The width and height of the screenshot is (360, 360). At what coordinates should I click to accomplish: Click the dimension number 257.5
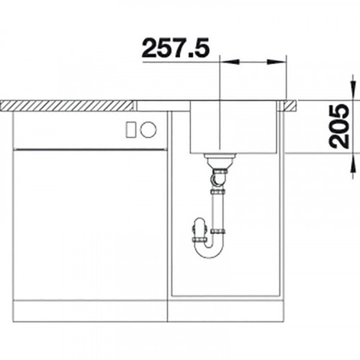tap(176, 48)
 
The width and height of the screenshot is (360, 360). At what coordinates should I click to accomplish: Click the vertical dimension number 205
tap(338, 126)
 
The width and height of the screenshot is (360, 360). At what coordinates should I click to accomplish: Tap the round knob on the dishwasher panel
tap(148, 130)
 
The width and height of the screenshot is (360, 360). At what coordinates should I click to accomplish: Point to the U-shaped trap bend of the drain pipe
tap(209, 251)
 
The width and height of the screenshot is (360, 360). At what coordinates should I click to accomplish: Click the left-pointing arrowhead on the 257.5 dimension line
tap(230, 62)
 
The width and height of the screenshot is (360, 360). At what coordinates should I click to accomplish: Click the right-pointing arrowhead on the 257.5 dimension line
tap(276, 62)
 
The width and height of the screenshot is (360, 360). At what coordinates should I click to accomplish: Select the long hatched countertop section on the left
tap(67, 106)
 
